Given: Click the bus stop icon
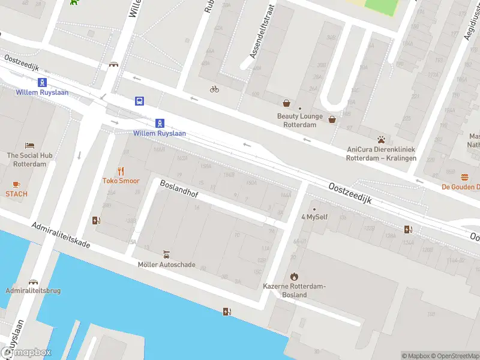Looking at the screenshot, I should [x=139, y=101].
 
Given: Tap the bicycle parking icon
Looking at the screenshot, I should [x=214, y=89].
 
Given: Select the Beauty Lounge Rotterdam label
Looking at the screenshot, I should [x=299, y=121].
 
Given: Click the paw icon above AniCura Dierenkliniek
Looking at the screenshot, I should [x=381, y=139].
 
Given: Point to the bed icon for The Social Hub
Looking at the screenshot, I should [x=30, y=146].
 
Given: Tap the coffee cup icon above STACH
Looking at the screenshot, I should [x=16, y=184].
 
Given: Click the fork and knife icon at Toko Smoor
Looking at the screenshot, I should [x=121, y=170].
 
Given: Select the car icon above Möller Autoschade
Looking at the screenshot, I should [x=166, y=254].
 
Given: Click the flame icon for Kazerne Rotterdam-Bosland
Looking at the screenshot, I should [x=293, y=277].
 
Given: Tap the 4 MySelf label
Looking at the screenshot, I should [x=314, y=217].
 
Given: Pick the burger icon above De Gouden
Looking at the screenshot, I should [x=464, y=177].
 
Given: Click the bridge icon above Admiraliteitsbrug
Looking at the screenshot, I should [x=32, y=281].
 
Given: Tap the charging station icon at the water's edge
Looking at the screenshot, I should [x=226, y=311].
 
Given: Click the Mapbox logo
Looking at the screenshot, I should [x=26, y=353].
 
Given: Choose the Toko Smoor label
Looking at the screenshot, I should [x=121, y=181].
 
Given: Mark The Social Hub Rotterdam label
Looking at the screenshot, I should [x=30, y=160].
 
